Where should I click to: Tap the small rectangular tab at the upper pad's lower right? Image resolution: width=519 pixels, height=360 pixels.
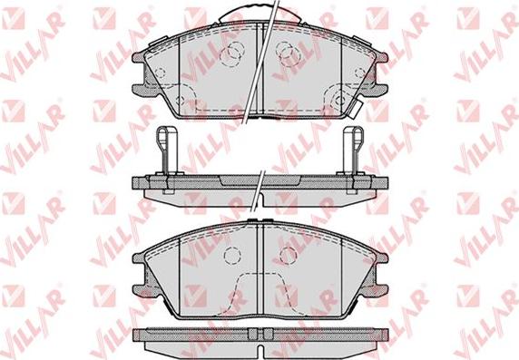pyautogui.click(x=356, y=108)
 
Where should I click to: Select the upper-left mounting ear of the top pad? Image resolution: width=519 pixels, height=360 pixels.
pyautogui.click(x=139, y=57)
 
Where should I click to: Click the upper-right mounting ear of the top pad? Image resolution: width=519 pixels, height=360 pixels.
pyautogui.click(x=381, y=57)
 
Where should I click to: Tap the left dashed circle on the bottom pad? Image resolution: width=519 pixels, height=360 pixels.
pyautogui.click(x=232, y=256)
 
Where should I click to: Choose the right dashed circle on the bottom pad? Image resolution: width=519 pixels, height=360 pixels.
pyautogui.click(x=288, y=256)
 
